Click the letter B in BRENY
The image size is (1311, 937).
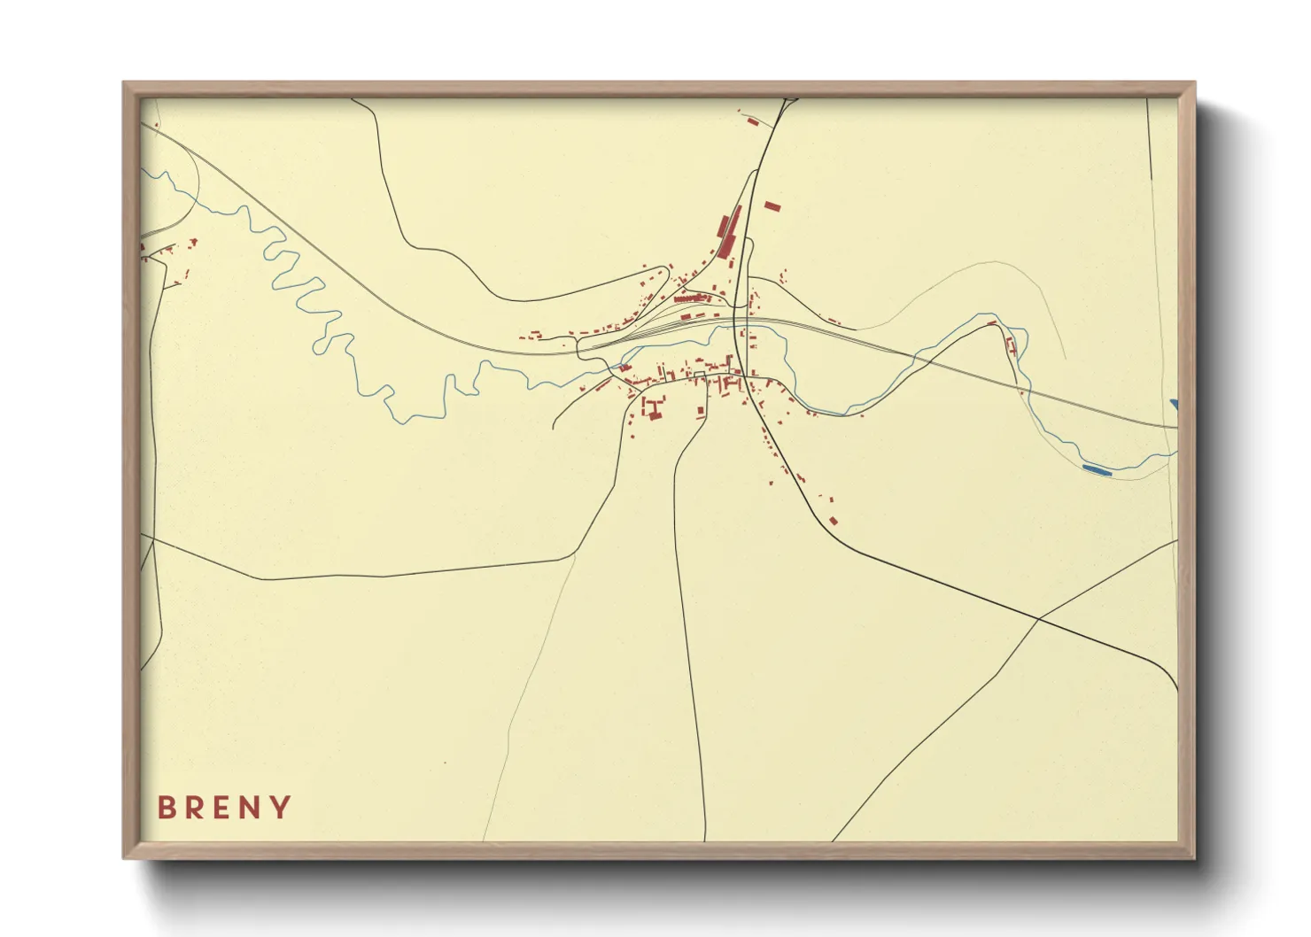(x=165, y=808)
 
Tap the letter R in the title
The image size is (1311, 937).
(x=195, y=808)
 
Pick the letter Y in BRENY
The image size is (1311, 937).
(x=282, y=808)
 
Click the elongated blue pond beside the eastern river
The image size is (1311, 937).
(x=1096, y=470)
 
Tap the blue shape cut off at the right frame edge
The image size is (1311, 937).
(x=1174, y=405)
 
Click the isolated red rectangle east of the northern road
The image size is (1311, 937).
(x=772, y=206)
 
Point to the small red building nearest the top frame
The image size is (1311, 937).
(x=752, y=120)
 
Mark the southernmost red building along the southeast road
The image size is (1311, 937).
(x=833, y=521)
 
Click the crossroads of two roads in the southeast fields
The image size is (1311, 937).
(x=1038, y=618)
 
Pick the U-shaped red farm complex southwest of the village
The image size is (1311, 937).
(x=655, y=409)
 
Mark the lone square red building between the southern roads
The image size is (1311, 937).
(x=700, y=411)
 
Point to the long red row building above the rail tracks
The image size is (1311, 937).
(x=694, y=298)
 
